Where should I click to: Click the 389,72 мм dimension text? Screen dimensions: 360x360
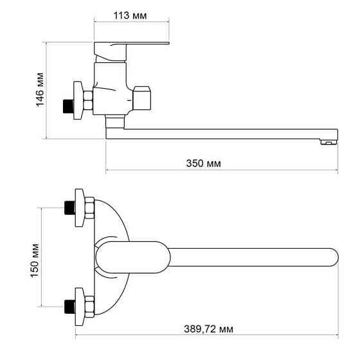(208, 328)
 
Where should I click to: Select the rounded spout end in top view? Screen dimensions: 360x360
(330, 256)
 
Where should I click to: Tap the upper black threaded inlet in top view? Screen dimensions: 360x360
(69, 208)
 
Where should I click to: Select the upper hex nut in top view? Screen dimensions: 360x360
(88, 208)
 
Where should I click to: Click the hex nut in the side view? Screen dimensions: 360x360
(88, 101)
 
